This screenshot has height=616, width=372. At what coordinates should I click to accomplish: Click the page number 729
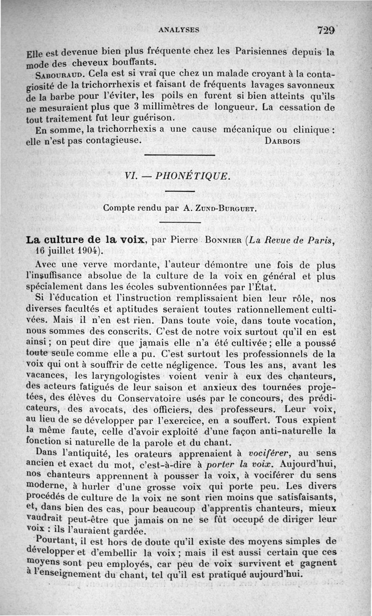coord(326,30)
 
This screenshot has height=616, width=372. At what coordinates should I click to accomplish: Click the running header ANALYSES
coord(179,30)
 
